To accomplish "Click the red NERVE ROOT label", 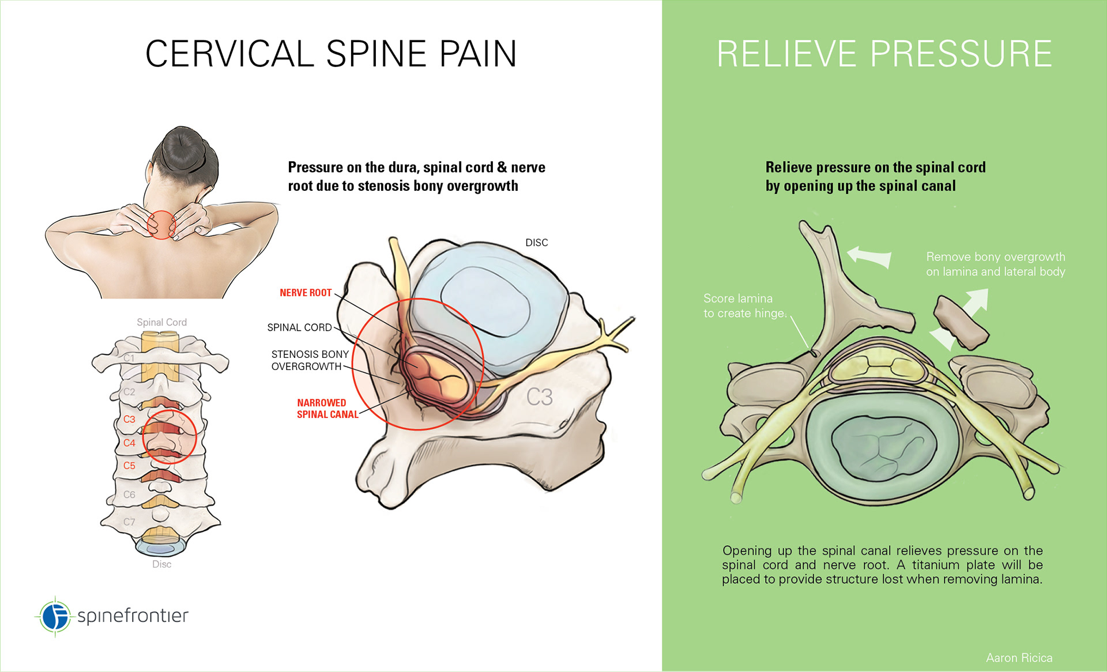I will coord(306,293).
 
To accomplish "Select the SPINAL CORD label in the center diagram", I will coord(299,327).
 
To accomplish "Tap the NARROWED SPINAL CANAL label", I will coord(327,409).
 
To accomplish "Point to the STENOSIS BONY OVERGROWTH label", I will coord(310,360).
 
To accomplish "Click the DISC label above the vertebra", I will coord(536,243).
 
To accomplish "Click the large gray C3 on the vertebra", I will coord(539,397).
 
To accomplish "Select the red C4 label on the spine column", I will coord(129,443).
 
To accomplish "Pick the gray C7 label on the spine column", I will coord(129,522).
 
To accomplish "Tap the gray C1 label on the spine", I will coord(129,358).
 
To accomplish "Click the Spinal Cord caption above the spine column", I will coord(161,322).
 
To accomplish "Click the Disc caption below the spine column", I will coord(161,564).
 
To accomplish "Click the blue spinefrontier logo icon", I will coord(55,616).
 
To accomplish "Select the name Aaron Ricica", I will coord(1019,658).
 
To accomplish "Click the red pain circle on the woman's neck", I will coord(161,224).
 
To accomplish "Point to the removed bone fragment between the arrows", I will coord(960,323).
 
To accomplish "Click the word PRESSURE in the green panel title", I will coord(961,54).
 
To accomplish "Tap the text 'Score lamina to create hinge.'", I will coord(744,306).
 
